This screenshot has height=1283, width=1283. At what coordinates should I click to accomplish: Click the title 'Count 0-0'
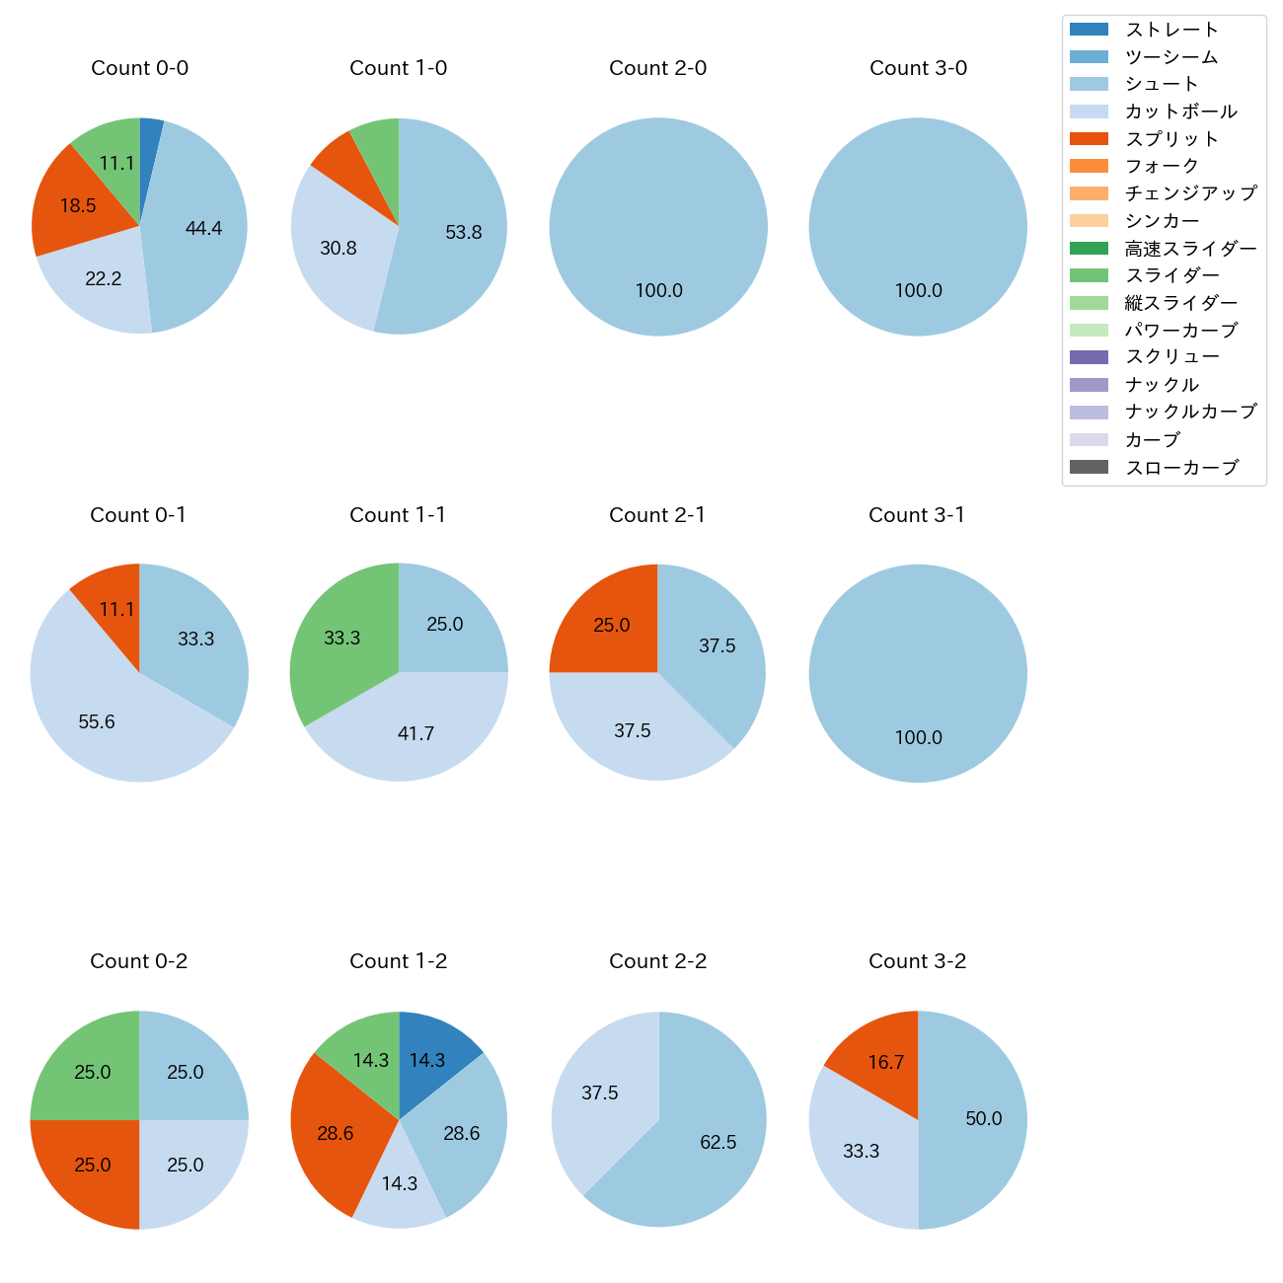(x=139, y=68)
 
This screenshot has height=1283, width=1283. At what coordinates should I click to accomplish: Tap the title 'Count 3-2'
(x=917, y=961)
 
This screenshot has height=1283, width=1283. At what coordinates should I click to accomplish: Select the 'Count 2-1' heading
(x=657, y=515)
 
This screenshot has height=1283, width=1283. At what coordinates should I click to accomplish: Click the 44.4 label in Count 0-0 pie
(x=203, y=228)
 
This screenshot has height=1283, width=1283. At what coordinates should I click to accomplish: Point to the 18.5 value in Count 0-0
(x=78, y=205)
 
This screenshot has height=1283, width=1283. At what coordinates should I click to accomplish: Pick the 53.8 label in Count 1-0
(x=464, y=232)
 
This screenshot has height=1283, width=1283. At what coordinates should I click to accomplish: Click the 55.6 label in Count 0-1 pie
(x=97, y=721)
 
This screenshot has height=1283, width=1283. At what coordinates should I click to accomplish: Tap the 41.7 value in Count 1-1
(x=415, y=733)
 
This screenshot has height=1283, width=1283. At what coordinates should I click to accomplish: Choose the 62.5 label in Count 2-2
(x=718, y=1142)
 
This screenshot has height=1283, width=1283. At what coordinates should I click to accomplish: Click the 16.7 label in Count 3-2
(x=886, y=1062)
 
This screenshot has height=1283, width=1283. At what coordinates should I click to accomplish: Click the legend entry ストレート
(x=1172, y=30)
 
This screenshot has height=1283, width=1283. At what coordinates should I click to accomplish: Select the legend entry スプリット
(x=1172, y=139)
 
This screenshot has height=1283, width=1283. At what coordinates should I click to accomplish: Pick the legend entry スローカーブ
(x=1181, y=468)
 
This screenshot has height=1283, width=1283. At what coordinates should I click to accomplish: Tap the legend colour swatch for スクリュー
(x=1089, y=357)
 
